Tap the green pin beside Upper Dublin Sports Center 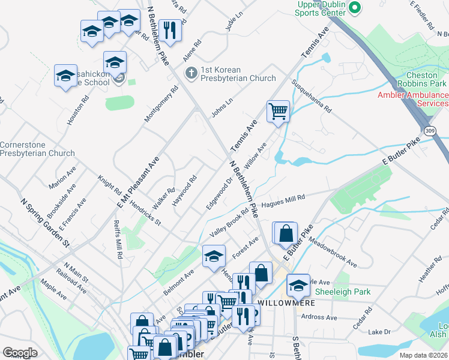[354, 8]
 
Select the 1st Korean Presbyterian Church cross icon [191, 74]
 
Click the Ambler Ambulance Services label [413, 100]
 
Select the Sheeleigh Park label [343, 292]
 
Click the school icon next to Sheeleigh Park [298, 285]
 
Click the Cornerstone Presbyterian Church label [37, 149]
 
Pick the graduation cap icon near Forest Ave [214, 256]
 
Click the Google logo [20, 353]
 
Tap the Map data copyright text [424, 355]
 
